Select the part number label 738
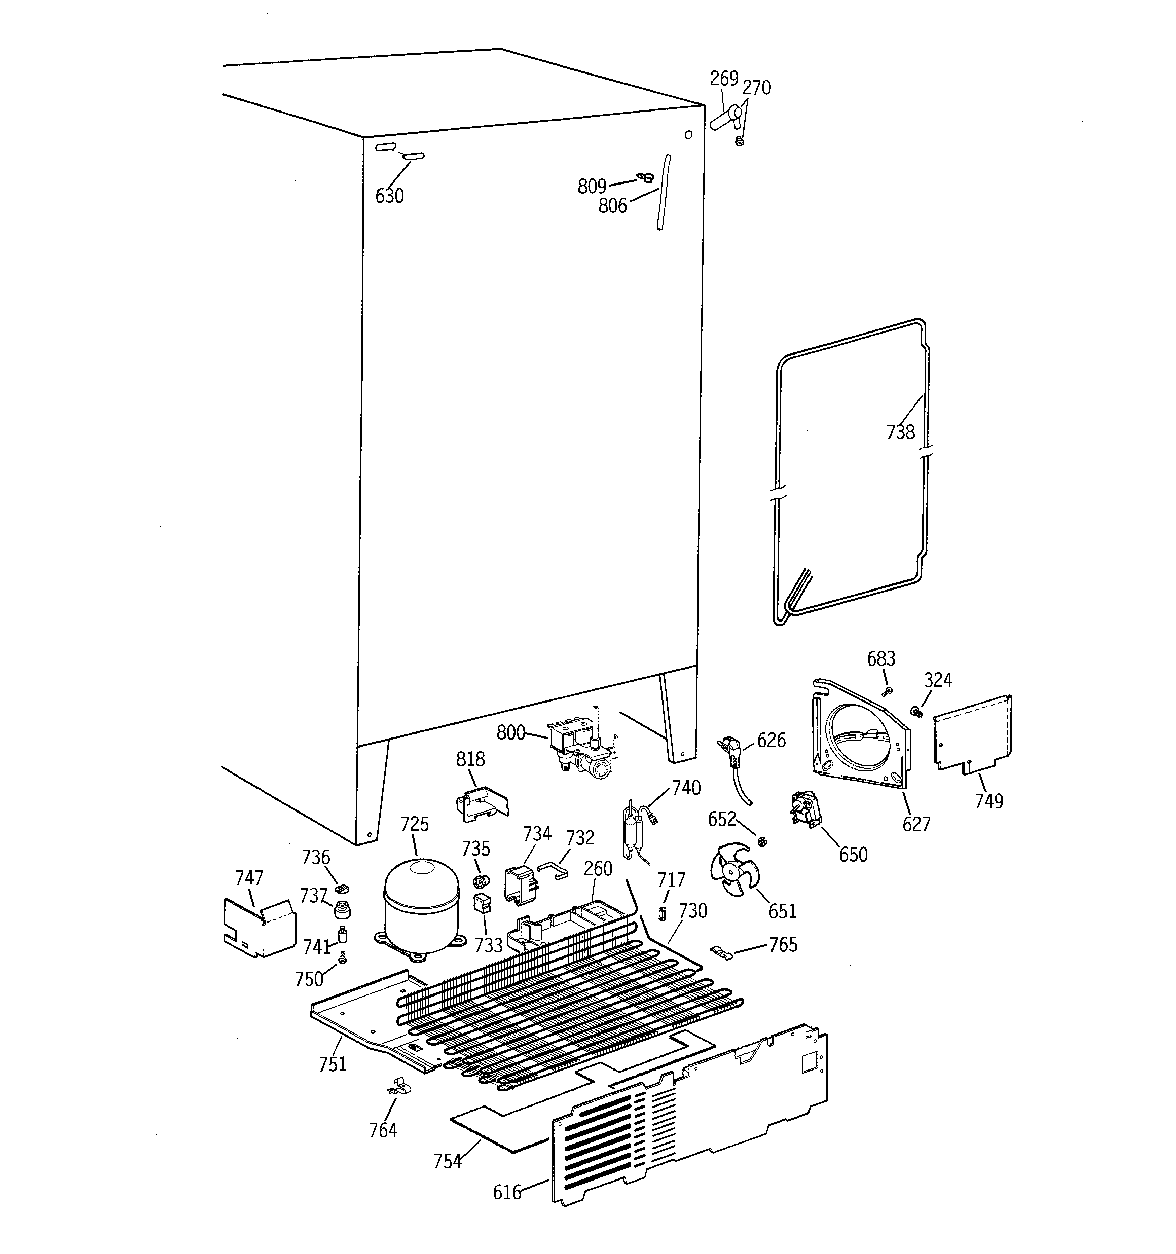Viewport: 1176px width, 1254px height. (900, 432)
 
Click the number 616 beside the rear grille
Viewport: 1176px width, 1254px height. (506, 1192)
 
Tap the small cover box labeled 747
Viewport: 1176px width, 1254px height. (259, 926)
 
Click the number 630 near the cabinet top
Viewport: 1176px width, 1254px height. (389, 196)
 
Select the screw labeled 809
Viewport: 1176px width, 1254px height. (645, 178)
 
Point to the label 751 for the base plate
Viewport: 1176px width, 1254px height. (333, 1064)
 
